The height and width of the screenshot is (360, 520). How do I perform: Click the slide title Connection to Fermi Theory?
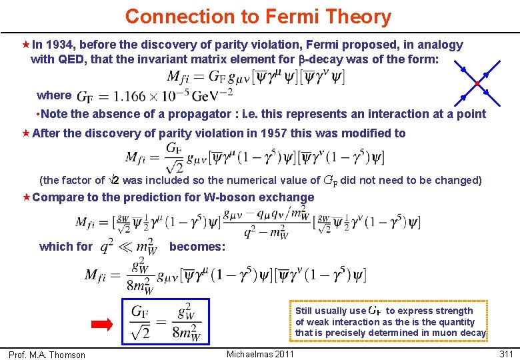[x=258, y=16]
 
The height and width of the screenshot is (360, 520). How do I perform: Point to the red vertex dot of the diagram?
[x=477, y=83]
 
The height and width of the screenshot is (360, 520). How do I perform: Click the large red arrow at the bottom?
[x=103, y=325]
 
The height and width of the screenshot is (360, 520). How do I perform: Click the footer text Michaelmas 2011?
[x=260, y=354]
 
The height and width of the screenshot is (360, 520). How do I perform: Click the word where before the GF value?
[x=53, y=95]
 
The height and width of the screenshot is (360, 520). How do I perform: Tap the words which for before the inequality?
[x=66, y=247]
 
